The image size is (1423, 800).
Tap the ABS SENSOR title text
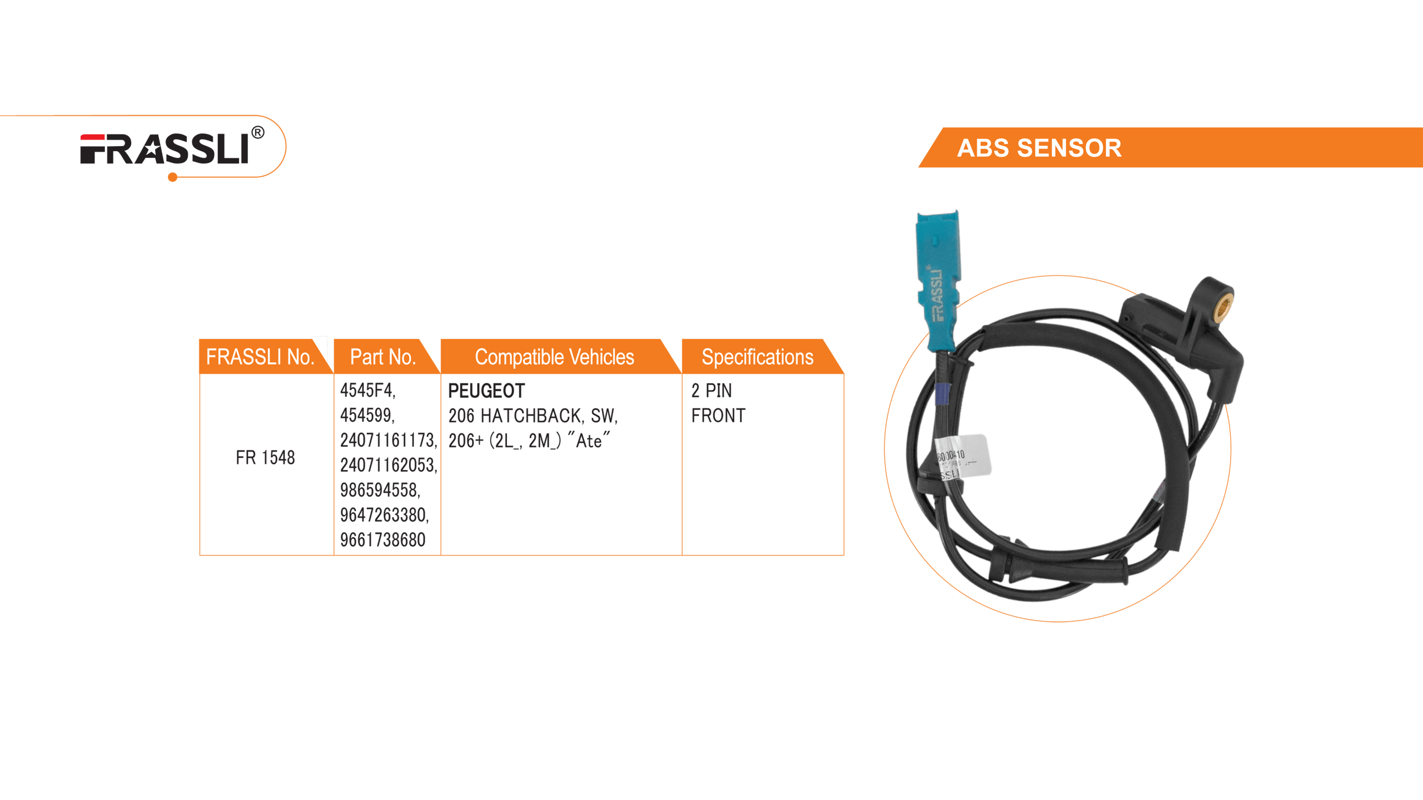(x=1039, y=148)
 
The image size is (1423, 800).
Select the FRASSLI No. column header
(x=260, y=357)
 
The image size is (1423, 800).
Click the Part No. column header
(x=383, y=357)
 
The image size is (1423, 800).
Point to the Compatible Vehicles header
(x=554, y=357)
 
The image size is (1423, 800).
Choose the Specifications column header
(x=757, y=357)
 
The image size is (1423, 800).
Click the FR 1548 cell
(x=265, y=458)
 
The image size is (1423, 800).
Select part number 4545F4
(x=367, y=391)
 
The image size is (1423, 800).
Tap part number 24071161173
(x=388, y=441)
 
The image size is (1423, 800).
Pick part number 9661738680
(x=382, y=539)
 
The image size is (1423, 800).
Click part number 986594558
(x=380, y=490)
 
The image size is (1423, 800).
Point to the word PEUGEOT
(x=486, y=391)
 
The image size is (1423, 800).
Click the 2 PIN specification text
(x=711, y=391)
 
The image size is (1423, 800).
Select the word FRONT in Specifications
(x=718, y=416)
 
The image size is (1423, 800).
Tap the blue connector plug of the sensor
(x=937, y=278)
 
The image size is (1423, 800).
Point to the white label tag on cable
(x=963, y=457)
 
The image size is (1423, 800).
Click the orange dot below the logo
(x=173, y=177)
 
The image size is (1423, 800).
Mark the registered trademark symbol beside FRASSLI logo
(x=258, y=133)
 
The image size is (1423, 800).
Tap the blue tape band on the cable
(x=942, y=394)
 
